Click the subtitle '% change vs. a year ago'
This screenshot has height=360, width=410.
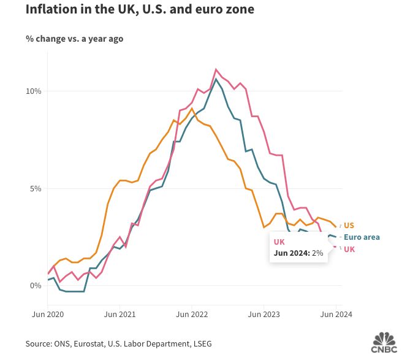74,39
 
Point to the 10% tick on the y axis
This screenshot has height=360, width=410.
32,91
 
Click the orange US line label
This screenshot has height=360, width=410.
349,225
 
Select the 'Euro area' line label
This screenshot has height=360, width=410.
362,237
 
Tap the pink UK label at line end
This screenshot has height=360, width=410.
349,249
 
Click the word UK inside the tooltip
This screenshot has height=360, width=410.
279,242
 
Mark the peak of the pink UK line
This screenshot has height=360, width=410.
216,69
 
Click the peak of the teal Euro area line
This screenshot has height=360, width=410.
216,79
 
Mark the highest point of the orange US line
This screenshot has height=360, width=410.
192,109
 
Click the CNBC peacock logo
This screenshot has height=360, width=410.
384,342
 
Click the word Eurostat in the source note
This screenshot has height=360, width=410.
90,343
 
